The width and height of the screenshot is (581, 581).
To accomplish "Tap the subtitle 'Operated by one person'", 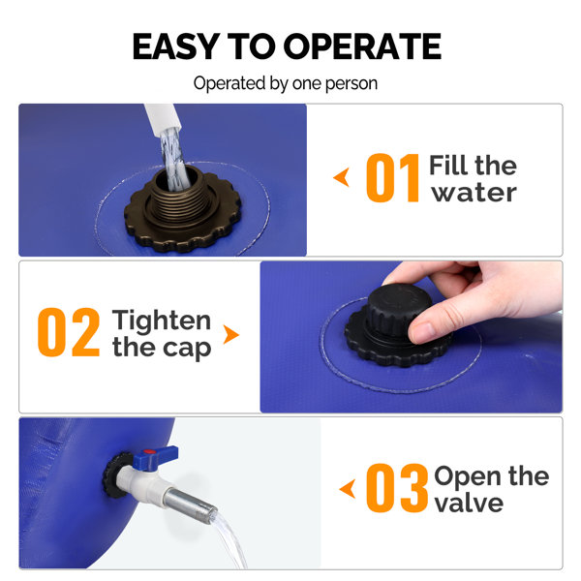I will tap(286, 83).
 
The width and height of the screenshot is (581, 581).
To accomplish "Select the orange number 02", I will tap(69, 333).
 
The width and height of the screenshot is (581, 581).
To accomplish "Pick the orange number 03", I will tap(396, 489).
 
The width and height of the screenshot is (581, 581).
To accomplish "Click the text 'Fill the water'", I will tap(473, 178).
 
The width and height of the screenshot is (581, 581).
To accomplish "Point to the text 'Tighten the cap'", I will tap(161, 333).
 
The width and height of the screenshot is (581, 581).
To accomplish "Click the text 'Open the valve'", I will tap(490, 489).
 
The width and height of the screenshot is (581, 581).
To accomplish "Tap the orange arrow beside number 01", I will tap(341, 178).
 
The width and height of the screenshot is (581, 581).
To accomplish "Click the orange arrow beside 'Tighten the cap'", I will tap(230, 334).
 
